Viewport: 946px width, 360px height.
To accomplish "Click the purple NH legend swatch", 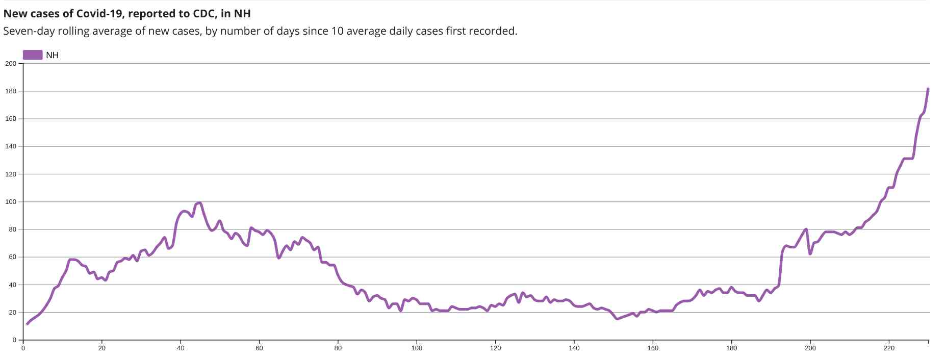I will (33, 55).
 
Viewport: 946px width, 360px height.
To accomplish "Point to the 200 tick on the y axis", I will (11, 64).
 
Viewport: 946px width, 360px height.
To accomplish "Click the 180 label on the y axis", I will (11, 91).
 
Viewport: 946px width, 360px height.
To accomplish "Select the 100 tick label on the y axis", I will (11, 202).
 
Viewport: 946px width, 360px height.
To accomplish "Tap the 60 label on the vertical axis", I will (12, 257).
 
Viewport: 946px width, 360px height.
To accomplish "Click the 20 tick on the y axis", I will (12, 313).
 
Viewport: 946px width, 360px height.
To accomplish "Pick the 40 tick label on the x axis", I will (181, 348).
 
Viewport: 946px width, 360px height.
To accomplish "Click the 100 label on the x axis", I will (417, 348).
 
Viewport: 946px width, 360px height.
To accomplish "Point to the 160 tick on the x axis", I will (653, 348).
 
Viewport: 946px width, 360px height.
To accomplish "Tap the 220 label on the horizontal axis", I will (889, 348).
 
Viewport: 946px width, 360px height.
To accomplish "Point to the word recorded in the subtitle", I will (494, 31).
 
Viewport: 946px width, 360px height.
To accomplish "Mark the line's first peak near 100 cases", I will (199, 203).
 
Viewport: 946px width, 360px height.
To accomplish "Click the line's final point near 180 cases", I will (928, 89).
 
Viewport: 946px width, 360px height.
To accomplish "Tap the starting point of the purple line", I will (27, 324).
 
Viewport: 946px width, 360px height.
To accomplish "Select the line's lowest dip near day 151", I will (617, 319).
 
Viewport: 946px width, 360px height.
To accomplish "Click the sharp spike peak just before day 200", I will (806, 229).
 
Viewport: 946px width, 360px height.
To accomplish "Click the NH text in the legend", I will (52, 55).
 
